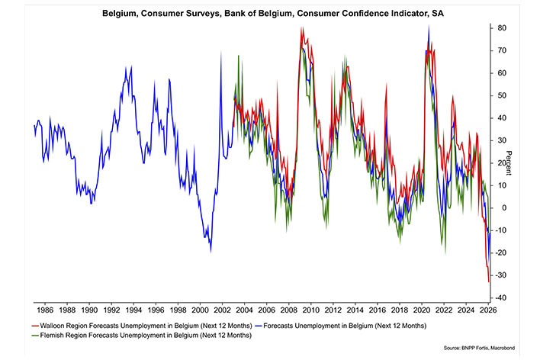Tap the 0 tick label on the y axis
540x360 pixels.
500,207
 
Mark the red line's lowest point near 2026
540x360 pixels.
487,281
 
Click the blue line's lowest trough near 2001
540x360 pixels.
210,251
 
